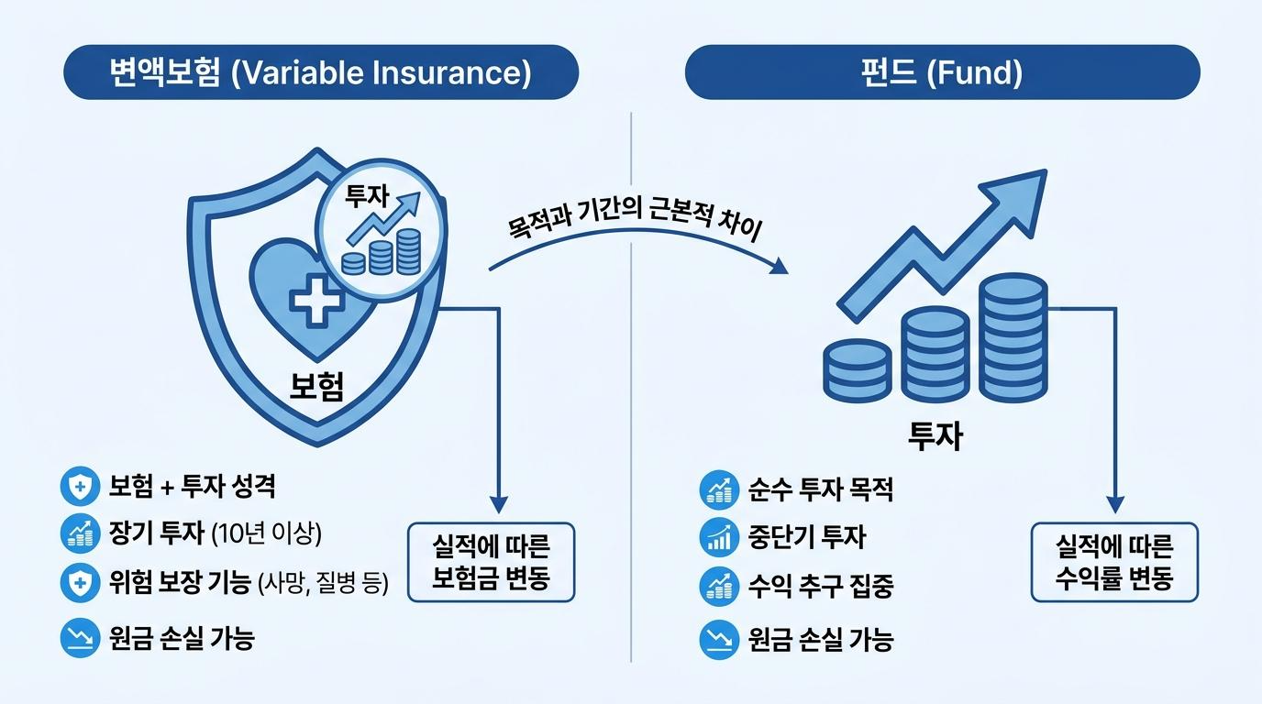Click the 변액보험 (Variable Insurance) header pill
[x=321, y=72]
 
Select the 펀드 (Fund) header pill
[x=943, y=72]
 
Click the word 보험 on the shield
[x=316, y=386]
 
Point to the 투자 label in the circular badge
[x=367, y=196]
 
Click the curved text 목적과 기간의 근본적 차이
[x=635, y=217]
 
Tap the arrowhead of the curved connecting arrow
[x=780, y=267]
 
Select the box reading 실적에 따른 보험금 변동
[x=491, y=562]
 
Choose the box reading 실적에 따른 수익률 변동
[x=1114, y=562]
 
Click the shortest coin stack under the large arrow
[x=858, y=369]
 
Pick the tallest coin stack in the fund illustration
[x=1013, y=337]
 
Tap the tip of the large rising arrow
[x=1046, y=170]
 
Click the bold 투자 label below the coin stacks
[x=935, y=435]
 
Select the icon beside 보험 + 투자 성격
[x=80, y=486]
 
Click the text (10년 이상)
[x=267, y=533]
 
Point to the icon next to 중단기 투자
[x=719, y=537]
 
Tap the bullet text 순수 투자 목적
[x=820, y=489]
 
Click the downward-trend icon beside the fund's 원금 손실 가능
[x=719, y=639]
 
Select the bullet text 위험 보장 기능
[x=180, y=581]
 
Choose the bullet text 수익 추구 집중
[x=820, y=586]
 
